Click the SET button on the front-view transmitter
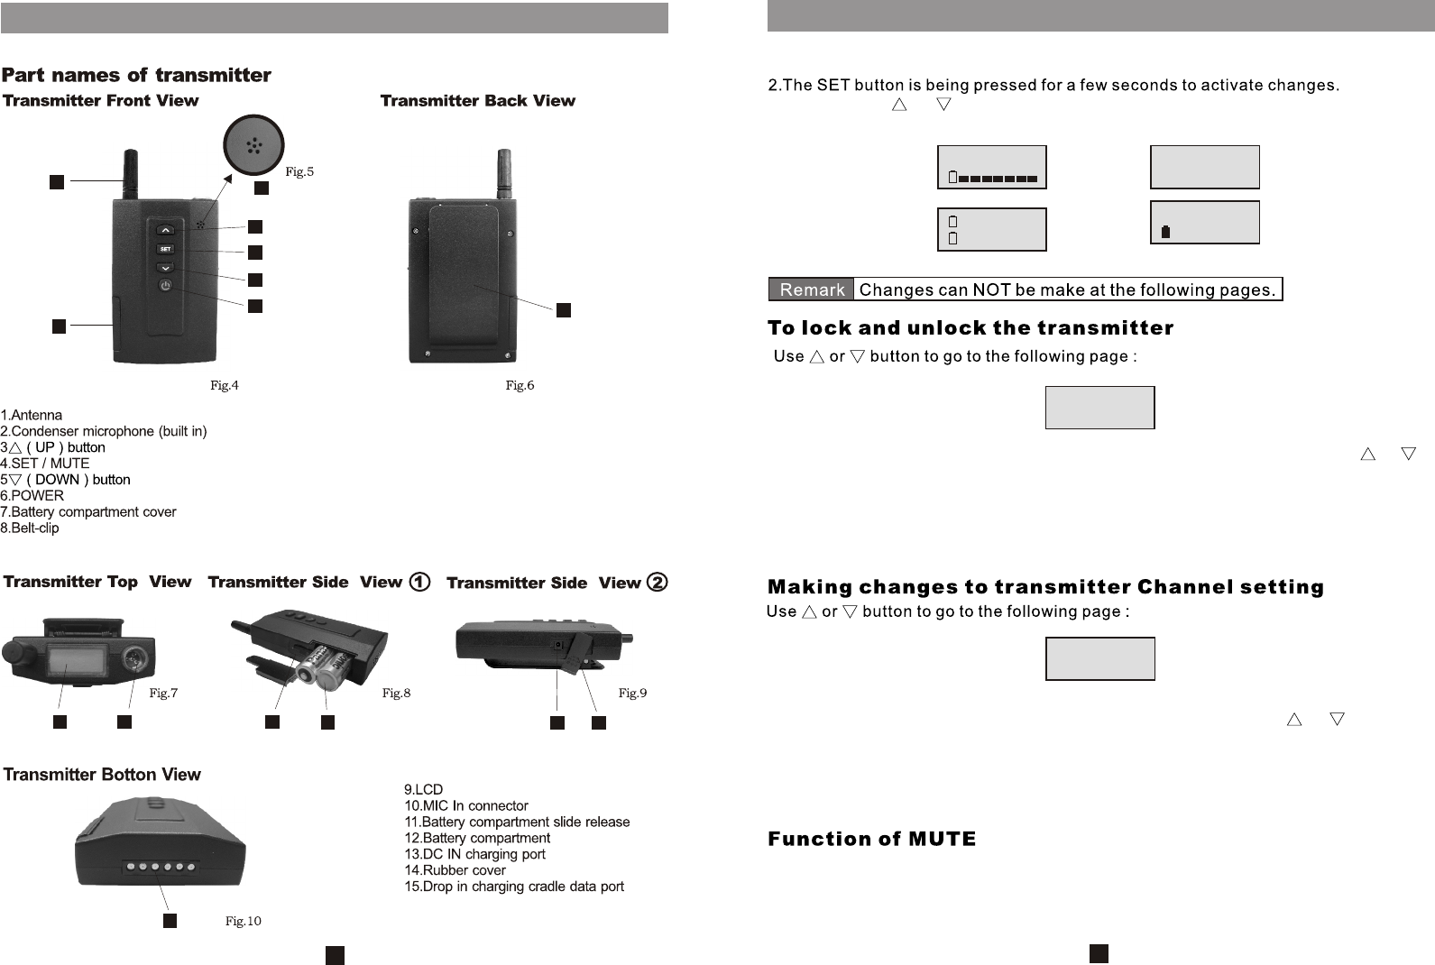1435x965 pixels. [165, 249]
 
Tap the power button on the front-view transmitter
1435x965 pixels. [165, 286]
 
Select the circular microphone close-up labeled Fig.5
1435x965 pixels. [253, 144]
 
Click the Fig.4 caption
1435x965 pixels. [225, 386]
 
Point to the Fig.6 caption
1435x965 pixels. [520, 386]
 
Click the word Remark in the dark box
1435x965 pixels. [812, 289]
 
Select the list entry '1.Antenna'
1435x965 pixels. [32, 416]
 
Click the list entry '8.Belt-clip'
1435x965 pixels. [30, 528]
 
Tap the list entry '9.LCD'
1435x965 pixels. [423, 790]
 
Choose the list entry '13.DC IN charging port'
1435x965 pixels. [474, 854]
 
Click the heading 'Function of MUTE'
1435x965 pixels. [871, 840]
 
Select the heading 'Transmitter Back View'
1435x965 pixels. [477, 101]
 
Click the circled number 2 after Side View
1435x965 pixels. [658, 583]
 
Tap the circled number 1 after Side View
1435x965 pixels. [419, 583]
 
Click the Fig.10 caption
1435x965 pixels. [243, 922]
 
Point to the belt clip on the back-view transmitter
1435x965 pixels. [464, 280]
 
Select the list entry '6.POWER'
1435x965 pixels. [32, 496]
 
